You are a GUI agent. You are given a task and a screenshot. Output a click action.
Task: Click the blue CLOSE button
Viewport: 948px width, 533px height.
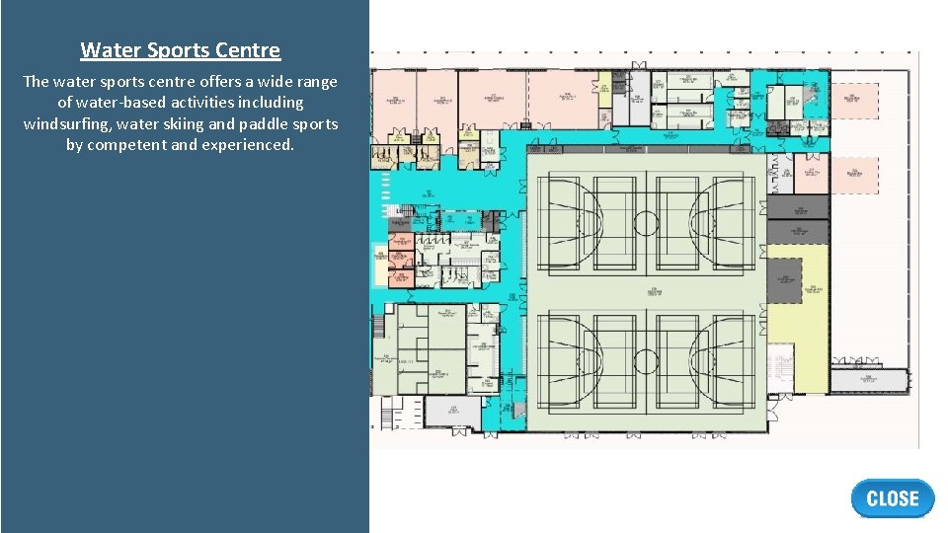892,498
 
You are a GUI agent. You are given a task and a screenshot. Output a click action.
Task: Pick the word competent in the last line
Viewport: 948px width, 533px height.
126,144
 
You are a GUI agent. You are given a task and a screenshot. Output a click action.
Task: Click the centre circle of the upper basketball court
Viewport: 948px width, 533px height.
645,220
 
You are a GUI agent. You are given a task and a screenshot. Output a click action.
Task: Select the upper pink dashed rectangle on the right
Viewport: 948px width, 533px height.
854,101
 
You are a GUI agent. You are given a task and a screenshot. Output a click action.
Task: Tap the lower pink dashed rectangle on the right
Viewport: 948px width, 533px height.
854,175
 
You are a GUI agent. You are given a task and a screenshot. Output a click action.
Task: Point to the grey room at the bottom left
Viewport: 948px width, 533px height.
452,412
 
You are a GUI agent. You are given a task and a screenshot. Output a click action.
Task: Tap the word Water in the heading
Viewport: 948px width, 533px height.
105,50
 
